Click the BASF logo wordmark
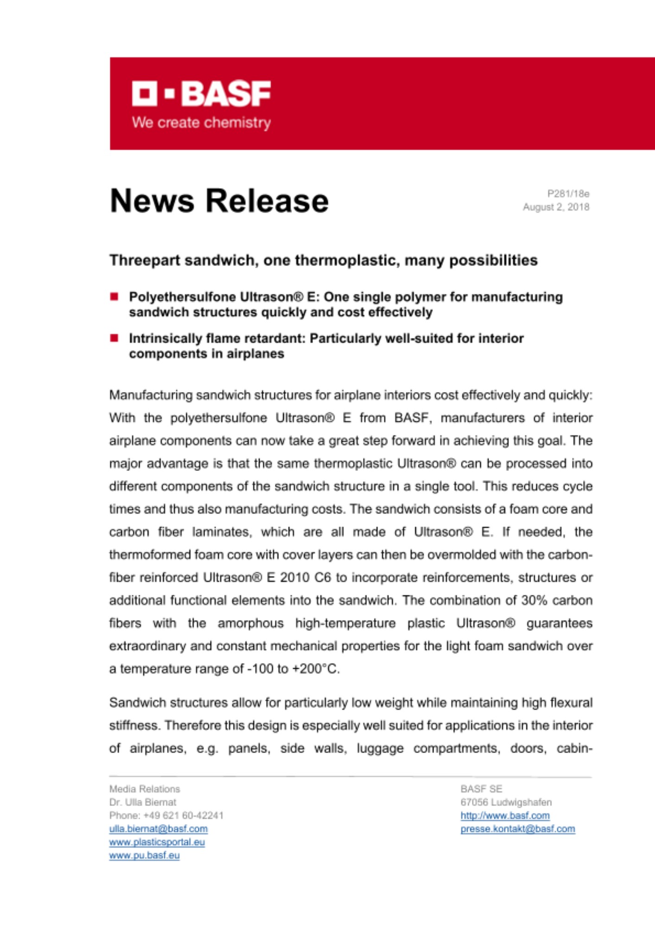pyautogui.click(x=201, y=94)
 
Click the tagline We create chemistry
pyautogui.click(x=201, y=122)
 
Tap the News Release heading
pyautogui.click(x=219, y=201)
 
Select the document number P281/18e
pyautogui.click(x=568, y=193)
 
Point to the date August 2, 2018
pyautogui.click(x=556, y=207)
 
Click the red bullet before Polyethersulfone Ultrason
pyautogui.click(x=114, y=296)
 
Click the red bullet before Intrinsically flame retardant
pyautogui.click(x=114, y=338)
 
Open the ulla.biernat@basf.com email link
pyautogui.click(x=159, y=829)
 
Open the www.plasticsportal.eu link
pyautogui.click(x=157, y=842)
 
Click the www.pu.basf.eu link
pyautogui.click(x=144, y=855)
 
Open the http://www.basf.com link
pyautogui.click(x=505, y=815)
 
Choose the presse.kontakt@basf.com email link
pyautogui.click(x=517, y=829)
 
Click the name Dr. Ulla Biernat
pyautogui.click(x=143, y=802)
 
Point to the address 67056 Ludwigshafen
pyautogui.click(x=506, y=802)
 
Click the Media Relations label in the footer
pyautogui.click(x=145, y=789)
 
